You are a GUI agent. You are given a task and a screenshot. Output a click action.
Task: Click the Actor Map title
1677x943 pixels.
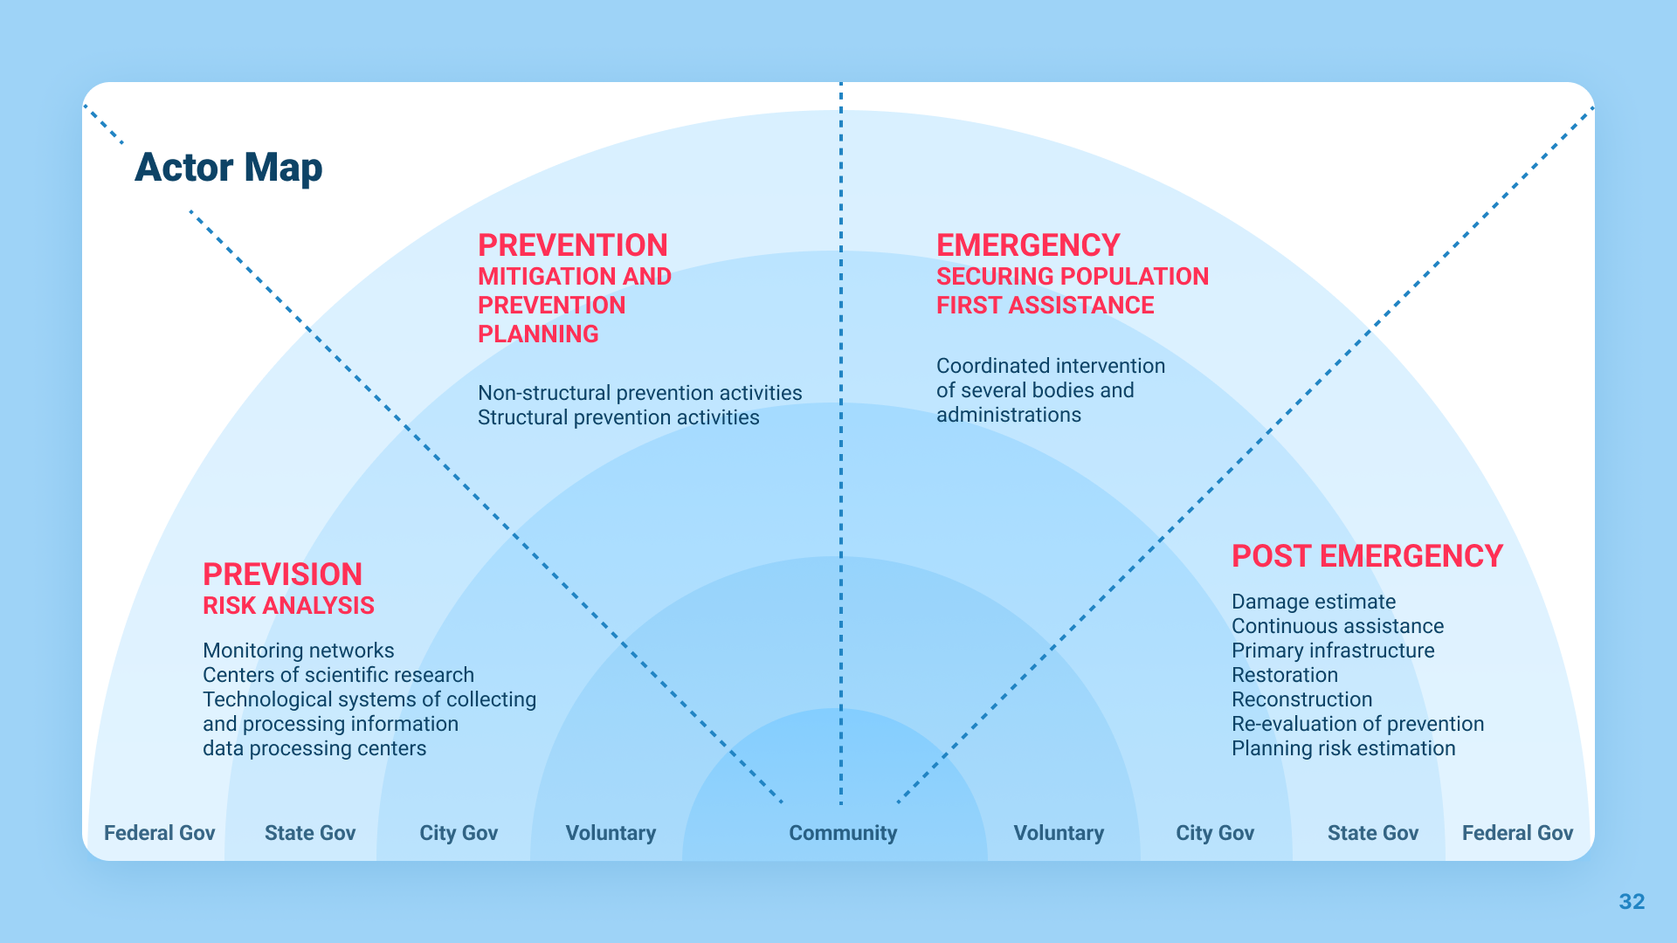click(228, 168)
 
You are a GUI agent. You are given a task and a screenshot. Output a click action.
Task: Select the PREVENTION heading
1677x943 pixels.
click(572, 245)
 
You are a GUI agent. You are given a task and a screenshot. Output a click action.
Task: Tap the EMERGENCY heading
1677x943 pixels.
click(1027, 245)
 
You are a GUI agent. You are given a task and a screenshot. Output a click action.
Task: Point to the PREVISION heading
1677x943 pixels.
click(282, 575)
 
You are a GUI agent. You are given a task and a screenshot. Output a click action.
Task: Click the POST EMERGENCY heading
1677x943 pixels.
click(1367, 556)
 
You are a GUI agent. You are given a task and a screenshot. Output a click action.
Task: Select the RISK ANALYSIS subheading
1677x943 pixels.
click(288, 606)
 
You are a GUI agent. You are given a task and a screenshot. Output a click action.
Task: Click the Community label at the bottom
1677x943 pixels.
click(843, 833)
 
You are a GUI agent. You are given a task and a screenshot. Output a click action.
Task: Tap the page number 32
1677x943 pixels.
click(1632, 902)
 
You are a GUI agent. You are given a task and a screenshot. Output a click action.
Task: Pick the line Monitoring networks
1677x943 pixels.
click(298, 650)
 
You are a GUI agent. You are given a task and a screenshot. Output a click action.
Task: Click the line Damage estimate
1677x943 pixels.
click(1313, 602)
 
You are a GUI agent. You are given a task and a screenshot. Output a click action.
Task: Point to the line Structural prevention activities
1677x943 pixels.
click(618, 417)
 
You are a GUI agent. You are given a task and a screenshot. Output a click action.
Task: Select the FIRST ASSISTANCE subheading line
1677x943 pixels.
click(1045, 306)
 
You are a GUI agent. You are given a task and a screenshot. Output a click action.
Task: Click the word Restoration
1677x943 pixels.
click(1284, 675)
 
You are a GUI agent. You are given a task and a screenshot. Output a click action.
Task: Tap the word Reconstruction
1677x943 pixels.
click(1301, 699)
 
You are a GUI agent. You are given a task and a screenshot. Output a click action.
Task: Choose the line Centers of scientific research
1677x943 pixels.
click(338, 675)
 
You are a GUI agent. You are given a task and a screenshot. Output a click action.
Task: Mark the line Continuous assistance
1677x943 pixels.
click(1337, 626)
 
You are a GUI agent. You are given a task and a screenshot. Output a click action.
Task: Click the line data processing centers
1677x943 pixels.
click(314, 748)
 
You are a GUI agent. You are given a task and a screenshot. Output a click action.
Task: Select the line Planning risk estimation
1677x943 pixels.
click(1343, 748)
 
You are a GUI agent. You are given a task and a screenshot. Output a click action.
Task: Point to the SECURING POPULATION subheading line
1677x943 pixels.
click(1072, 277)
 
